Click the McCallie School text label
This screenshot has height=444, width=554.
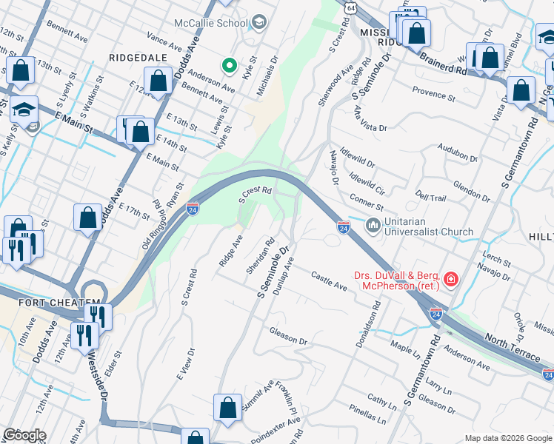tap(210, 23)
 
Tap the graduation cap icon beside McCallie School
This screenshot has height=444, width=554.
tap(258, 23)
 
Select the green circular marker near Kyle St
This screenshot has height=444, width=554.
tap(230, 67)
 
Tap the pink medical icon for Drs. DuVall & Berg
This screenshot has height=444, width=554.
tap(450, 280)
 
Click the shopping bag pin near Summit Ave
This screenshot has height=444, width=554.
tap(227, 407)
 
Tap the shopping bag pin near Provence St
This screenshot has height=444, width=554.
tap(522, 90)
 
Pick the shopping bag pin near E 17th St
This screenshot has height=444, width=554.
tap(87, 218)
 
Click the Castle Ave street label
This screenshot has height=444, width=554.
tap(329, 281)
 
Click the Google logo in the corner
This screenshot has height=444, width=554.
tap(24, 434)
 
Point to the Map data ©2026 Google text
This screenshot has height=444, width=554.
tap(508, 438)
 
